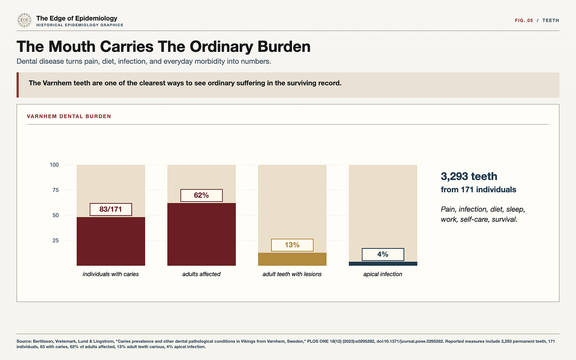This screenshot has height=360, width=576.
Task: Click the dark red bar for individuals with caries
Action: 111,241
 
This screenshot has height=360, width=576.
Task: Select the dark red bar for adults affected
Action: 201,234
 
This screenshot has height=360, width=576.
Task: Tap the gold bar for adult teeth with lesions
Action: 292,259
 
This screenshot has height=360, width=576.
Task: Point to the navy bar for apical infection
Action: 383,263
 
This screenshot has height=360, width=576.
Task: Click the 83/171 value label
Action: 111,209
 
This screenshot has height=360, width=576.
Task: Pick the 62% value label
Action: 201,195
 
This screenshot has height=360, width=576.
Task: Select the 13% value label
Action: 292,245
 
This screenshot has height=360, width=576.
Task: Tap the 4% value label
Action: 383,254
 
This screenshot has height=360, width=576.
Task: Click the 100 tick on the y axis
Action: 54,165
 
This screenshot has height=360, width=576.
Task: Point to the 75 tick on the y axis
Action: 55,190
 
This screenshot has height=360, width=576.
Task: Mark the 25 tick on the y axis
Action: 55,241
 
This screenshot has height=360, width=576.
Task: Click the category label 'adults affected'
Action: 201,274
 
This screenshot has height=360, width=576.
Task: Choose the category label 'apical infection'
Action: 383,274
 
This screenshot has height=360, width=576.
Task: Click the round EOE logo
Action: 25,20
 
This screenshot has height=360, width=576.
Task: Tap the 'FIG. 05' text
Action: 524,20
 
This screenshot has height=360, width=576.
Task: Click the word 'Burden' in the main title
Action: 284,47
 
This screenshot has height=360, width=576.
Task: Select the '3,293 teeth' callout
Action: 469,176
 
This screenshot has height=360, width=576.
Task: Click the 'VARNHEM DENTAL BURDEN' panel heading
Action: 69,116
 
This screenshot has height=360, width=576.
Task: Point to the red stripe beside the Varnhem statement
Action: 18,85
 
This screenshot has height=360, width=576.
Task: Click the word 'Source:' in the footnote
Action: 24,341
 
